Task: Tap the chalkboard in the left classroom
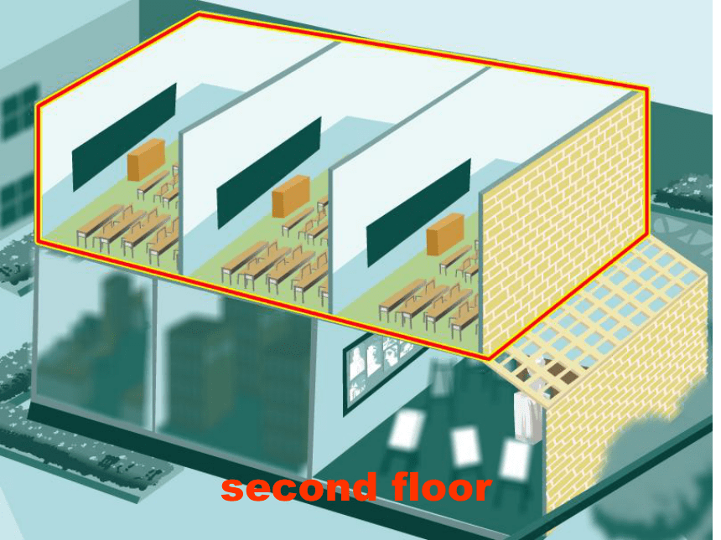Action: [124, 137]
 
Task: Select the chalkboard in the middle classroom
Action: [269, 172]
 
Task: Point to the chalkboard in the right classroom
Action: [418, 213]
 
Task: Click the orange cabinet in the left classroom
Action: [146, 160]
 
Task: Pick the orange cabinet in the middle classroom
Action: [291, 196]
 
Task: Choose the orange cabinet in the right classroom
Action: [444, 234]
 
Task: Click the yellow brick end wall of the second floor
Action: [563, 220]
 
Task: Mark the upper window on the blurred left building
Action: [20, 111]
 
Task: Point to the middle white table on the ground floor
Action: [464, 445]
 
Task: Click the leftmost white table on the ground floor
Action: [406, 429]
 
